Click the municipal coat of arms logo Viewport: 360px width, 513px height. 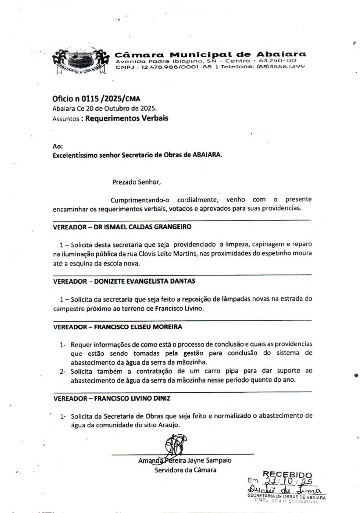[80, 63]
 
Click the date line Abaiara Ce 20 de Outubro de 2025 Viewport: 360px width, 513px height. [104, 109]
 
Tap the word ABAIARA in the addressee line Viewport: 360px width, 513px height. [204, 155]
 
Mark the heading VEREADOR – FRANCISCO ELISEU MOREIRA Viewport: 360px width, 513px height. [117, 326]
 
